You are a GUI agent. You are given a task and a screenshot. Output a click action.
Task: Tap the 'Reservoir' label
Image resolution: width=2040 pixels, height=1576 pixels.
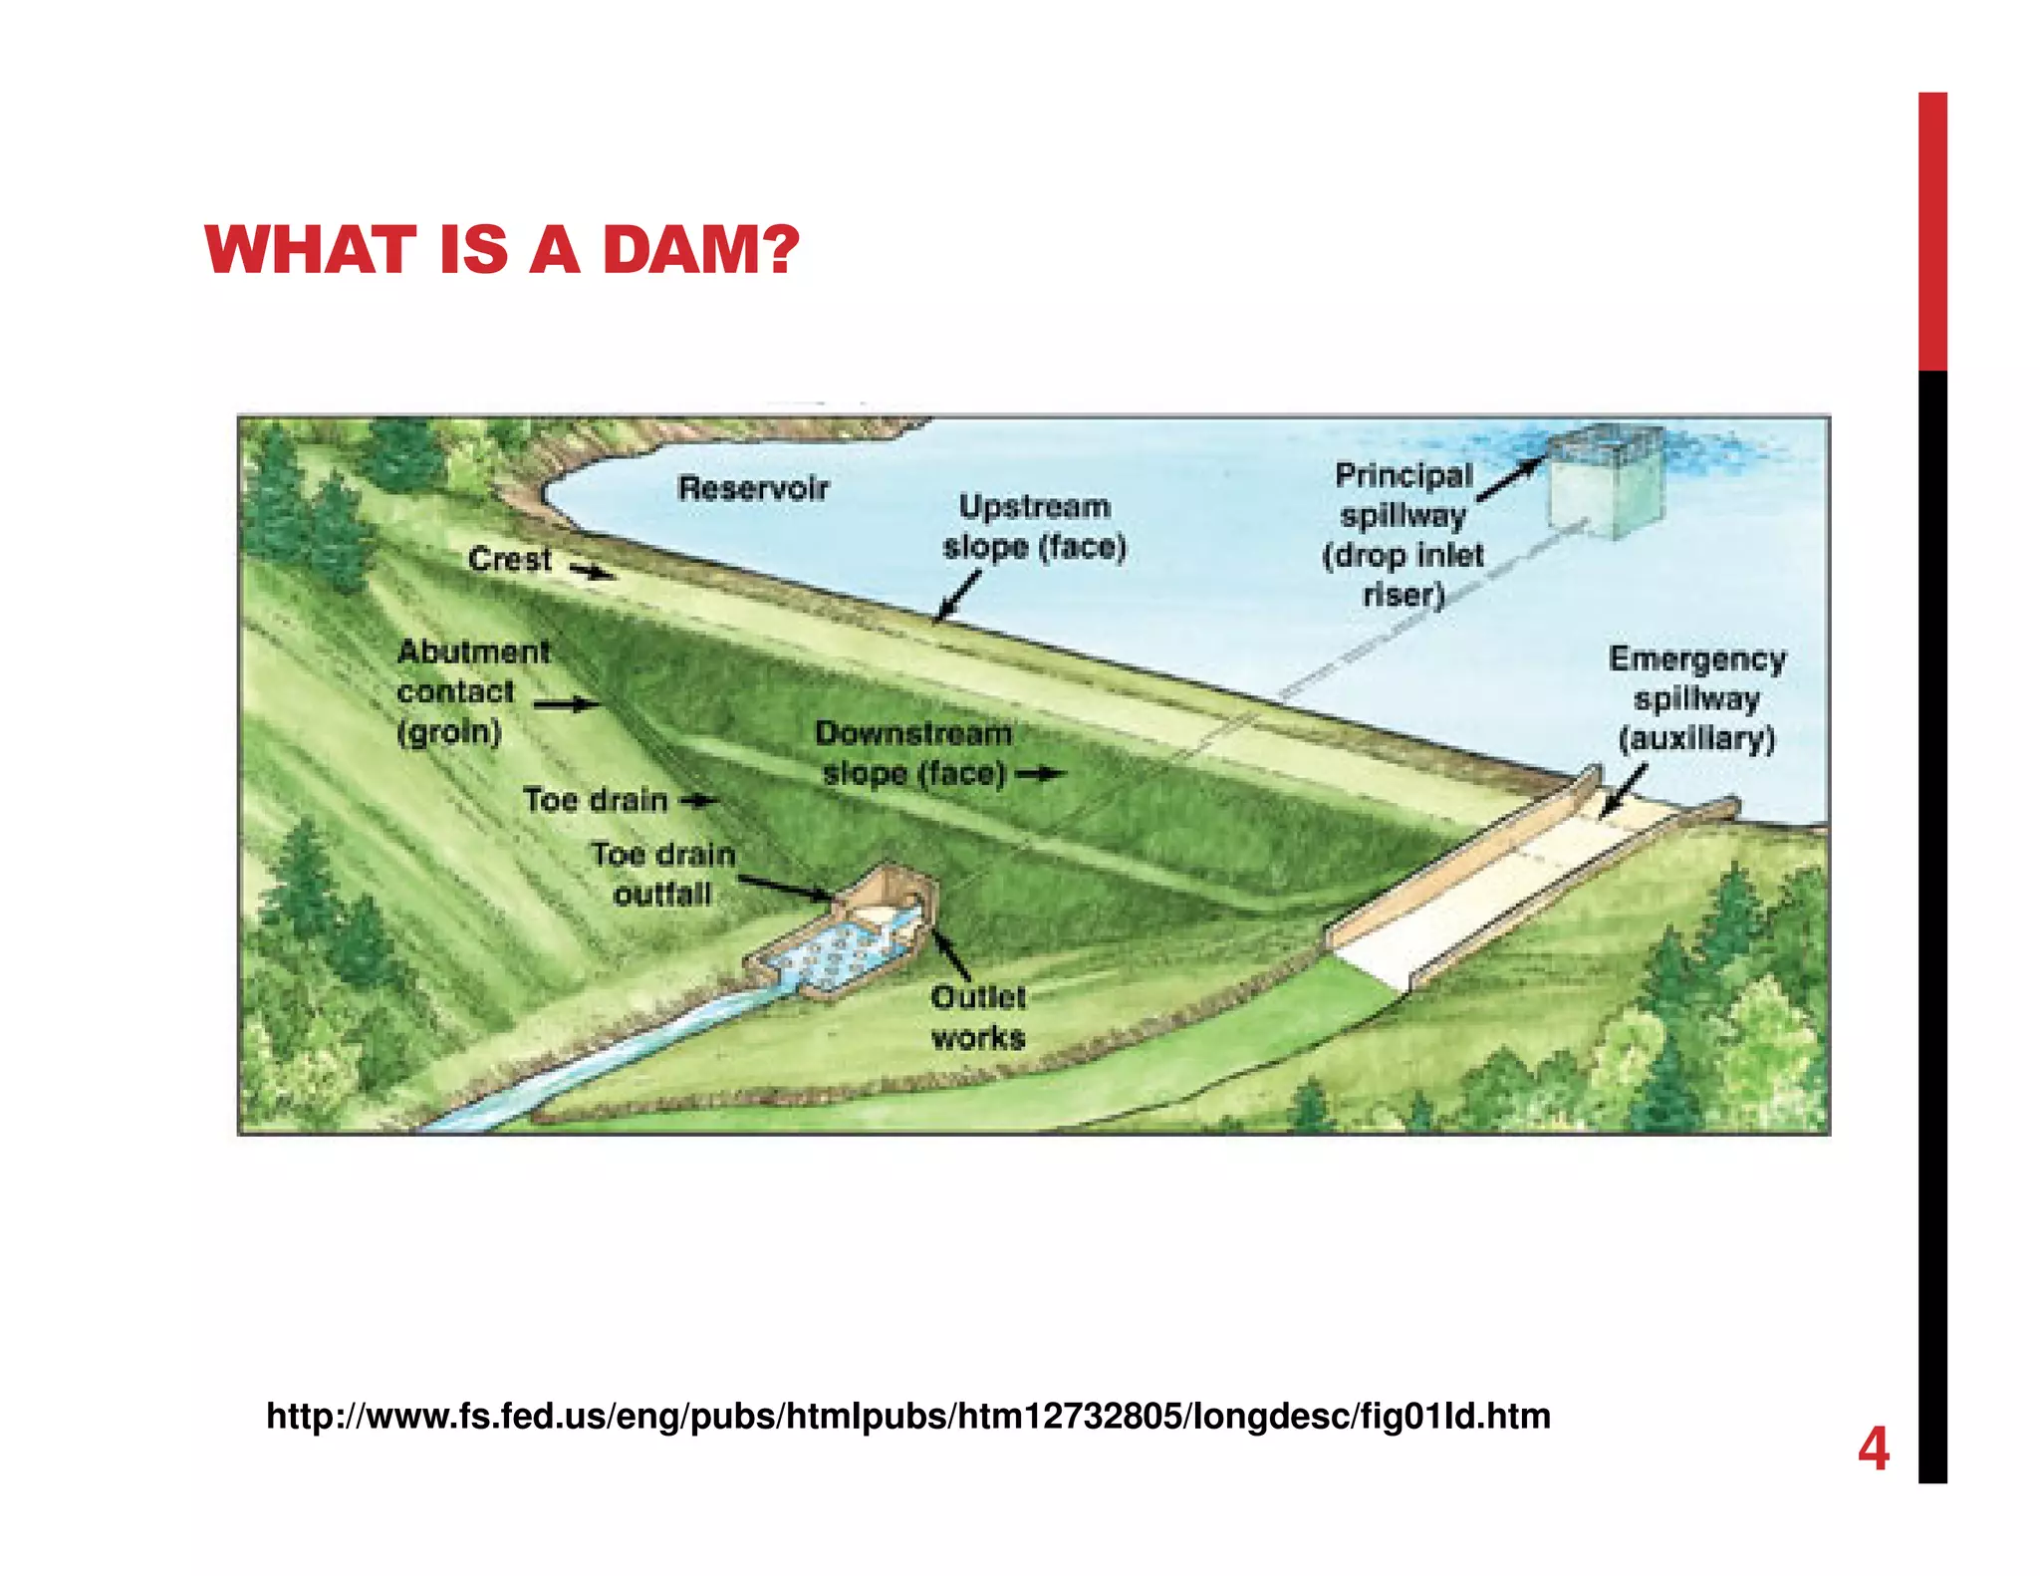753,488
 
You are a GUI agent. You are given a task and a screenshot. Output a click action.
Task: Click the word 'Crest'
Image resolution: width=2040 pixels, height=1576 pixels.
509,559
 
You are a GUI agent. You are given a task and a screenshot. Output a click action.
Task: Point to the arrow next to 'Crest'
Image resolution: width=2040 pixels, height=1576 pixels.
593,571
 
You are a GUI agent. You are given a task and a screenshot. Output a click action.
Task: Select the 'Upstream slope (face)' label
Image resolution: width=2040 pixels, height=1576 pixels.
1034,527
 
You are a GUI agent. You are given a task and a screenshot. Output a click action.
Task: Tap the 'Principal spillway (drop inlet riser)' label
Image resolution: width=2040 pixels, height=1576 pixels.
1403,535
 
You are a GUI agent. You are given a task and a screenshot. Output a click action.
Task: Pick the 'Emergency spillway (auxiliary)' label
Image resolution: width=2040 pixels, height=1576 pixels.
1696,698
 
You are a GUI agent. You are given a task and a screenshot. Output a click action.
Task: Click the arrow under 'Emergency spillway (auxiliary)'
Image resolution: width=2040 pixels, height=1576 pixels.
1622,792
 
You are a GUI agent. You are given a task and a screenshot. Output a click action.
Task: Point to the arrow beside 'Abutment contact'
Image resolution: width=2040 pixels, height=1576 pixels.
567,705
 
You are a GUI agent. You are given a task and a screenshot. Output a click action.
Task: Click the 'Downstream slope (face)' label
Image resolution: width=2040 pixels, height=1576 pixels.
913,753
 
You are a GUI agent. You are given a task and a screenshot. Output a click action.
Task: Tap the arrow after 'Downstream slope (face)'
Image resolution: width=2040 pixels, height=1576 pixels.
1041,774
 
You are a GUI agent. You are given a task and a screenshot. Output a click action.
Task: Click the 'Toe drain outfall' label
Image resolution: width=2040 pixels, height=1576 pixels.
663,874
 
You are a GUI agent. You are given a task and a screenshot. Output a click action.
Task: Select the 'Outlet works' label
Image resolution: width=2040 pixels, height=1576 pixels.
978,1017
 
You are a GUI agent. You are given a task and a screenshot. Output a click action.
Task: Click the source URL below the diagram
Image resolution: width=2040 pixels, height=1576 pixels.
907,1416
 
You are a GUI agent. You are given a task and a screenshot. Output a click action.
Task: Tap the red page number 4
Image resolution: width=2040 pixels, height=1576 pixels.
1873,1449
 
